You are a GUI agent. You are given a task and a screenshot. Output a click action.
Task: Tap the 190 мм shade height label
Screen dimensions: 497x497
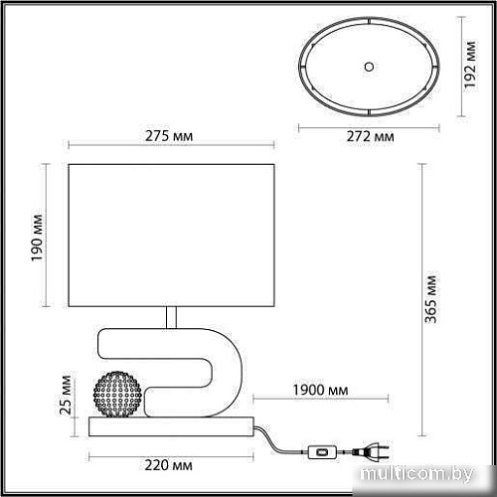coord(38,236)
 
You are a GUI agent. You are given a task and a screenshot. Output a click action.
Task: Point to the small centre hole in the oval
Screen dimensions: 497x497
coord(369,66)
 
